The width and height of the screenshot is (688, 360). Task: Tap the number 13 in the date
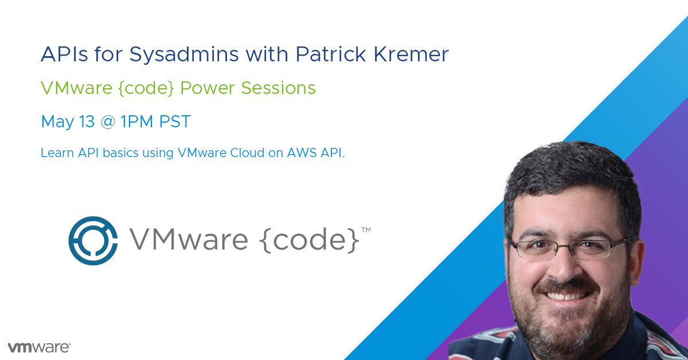[85, 122]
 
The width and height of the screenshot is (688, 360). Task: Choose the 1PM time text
[134, 122]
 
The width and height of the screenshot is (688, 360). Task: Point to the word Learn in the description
[54, 154]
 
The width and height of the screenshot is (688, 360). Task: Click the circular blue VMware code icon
[93, 241]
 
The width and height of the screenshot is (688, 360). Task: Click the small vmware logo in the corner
[39, 347]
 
